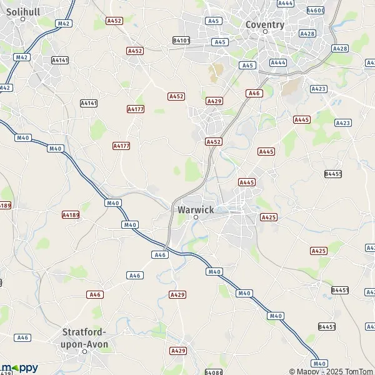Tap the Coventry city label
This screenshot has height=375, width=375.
[264, 25]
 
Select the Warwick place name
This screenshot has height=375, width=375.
[196, 209]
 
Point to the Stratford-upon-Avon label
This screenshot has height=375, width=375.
[85, 338]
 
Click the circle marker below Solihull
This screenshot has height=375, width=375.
[22, 19]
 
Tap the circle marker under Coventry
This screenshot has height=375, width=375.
[264, 32]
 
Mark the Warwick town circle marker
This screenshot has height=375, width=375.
[196, 217]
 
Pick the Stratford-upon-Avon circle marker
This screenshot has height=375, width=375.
[85, 351]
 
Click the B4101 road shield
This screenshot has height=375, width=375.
[181, 40]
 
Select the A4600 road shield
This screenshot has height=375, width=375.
[316, 11]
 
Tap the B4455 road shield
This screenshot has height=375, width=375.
[333, 174]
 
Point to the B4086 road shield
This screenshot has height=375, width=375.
[213, 372]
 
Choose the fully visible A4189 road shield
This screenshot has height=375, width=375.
[71, 214]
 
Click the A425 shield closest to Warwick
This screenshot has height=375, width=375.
[268, 217]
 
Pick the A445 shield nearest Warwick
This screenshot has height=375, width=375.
[247, 182]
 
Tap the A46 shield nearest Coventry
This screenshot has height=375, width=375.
[254, 93]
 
